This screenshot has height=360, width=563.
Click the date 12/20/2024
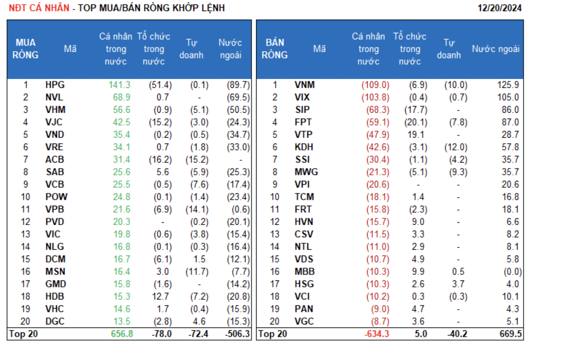(x=499, y=8)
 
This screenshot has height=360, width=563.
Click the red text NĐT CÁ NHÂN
(x=39, y=8)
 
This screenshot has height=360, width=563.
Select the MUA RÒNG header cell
(x=25, y=49)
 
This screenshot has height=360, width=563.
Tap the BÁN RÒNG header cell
(x=274, y=49)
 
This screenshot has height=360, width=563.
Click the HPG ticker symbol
(x=55, y=85)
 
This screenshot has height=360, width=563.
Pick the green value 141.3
(x=119, y=85)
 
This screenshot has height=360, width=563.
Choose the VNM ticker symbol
(x=304, y=85)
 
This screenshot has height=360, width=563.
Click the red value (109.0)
(x=375, y=85)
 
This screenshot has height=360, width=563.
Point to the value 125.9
(x=508, y=85)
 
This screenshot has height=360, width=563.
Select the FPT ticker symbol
(x=303, y=122)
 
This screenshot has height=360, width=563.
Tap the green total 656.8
(x=122, y=334)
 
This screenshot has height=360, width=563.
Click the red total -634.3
(x=376, y=334)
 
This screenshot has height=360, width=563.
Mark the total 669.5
(x=510, y=334)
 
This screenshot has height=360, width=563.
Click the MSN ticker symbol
(x=55, y=272)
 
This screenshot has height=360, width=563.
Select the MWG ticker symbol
(x=306, y=172)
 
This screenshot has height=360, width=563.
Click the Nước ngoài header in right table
(x=495, y=49)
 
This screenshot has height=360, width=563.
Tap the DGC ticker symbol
(x=55, y=322)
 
